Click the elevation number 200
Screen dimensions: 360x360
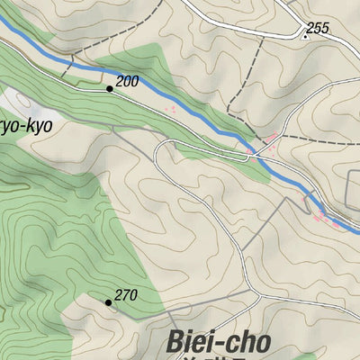[x=128, y=82]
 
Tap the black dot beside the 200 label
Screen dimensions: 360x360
[x=110, y=88]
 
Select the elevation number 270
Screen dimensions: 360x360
[x=126, y=295]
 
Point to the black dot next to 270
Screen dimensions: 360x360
[x=108, y=302]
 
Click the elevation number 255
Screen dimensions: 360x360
[x=317, y=29]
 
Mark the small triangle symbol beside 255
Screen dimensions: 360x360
[x=305, y=37]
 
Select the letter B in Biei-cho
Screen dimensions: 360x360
[x=176, y=344]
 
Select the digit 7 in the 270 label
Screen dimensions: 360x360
[x=126, y=295]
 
